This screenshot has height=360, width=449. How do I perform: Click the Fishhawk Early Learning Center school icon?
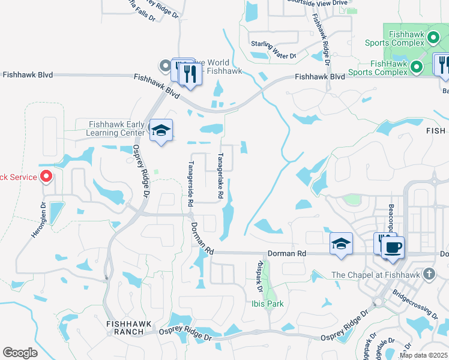[161, 130]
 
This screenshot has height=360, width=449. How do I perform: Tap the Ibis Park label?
[267, 304]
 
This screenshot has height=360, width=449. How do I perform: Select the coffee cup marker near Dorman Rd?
[392, 247]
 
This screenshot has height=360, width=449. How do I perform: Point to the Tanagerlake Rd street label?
[220, 176]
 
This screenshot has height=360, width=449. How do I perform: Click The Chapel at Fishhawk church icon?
[428, 275]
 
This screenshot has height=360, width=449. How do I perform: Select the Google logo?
[20, 352]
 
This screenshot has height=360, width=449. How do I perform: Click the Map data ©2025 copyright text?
[423, 355]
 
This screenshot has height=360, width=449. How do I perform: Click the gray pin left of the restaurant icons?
[164, 65]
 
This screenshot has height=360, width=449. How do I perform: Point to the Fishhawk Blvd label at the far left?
[28, 75]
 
